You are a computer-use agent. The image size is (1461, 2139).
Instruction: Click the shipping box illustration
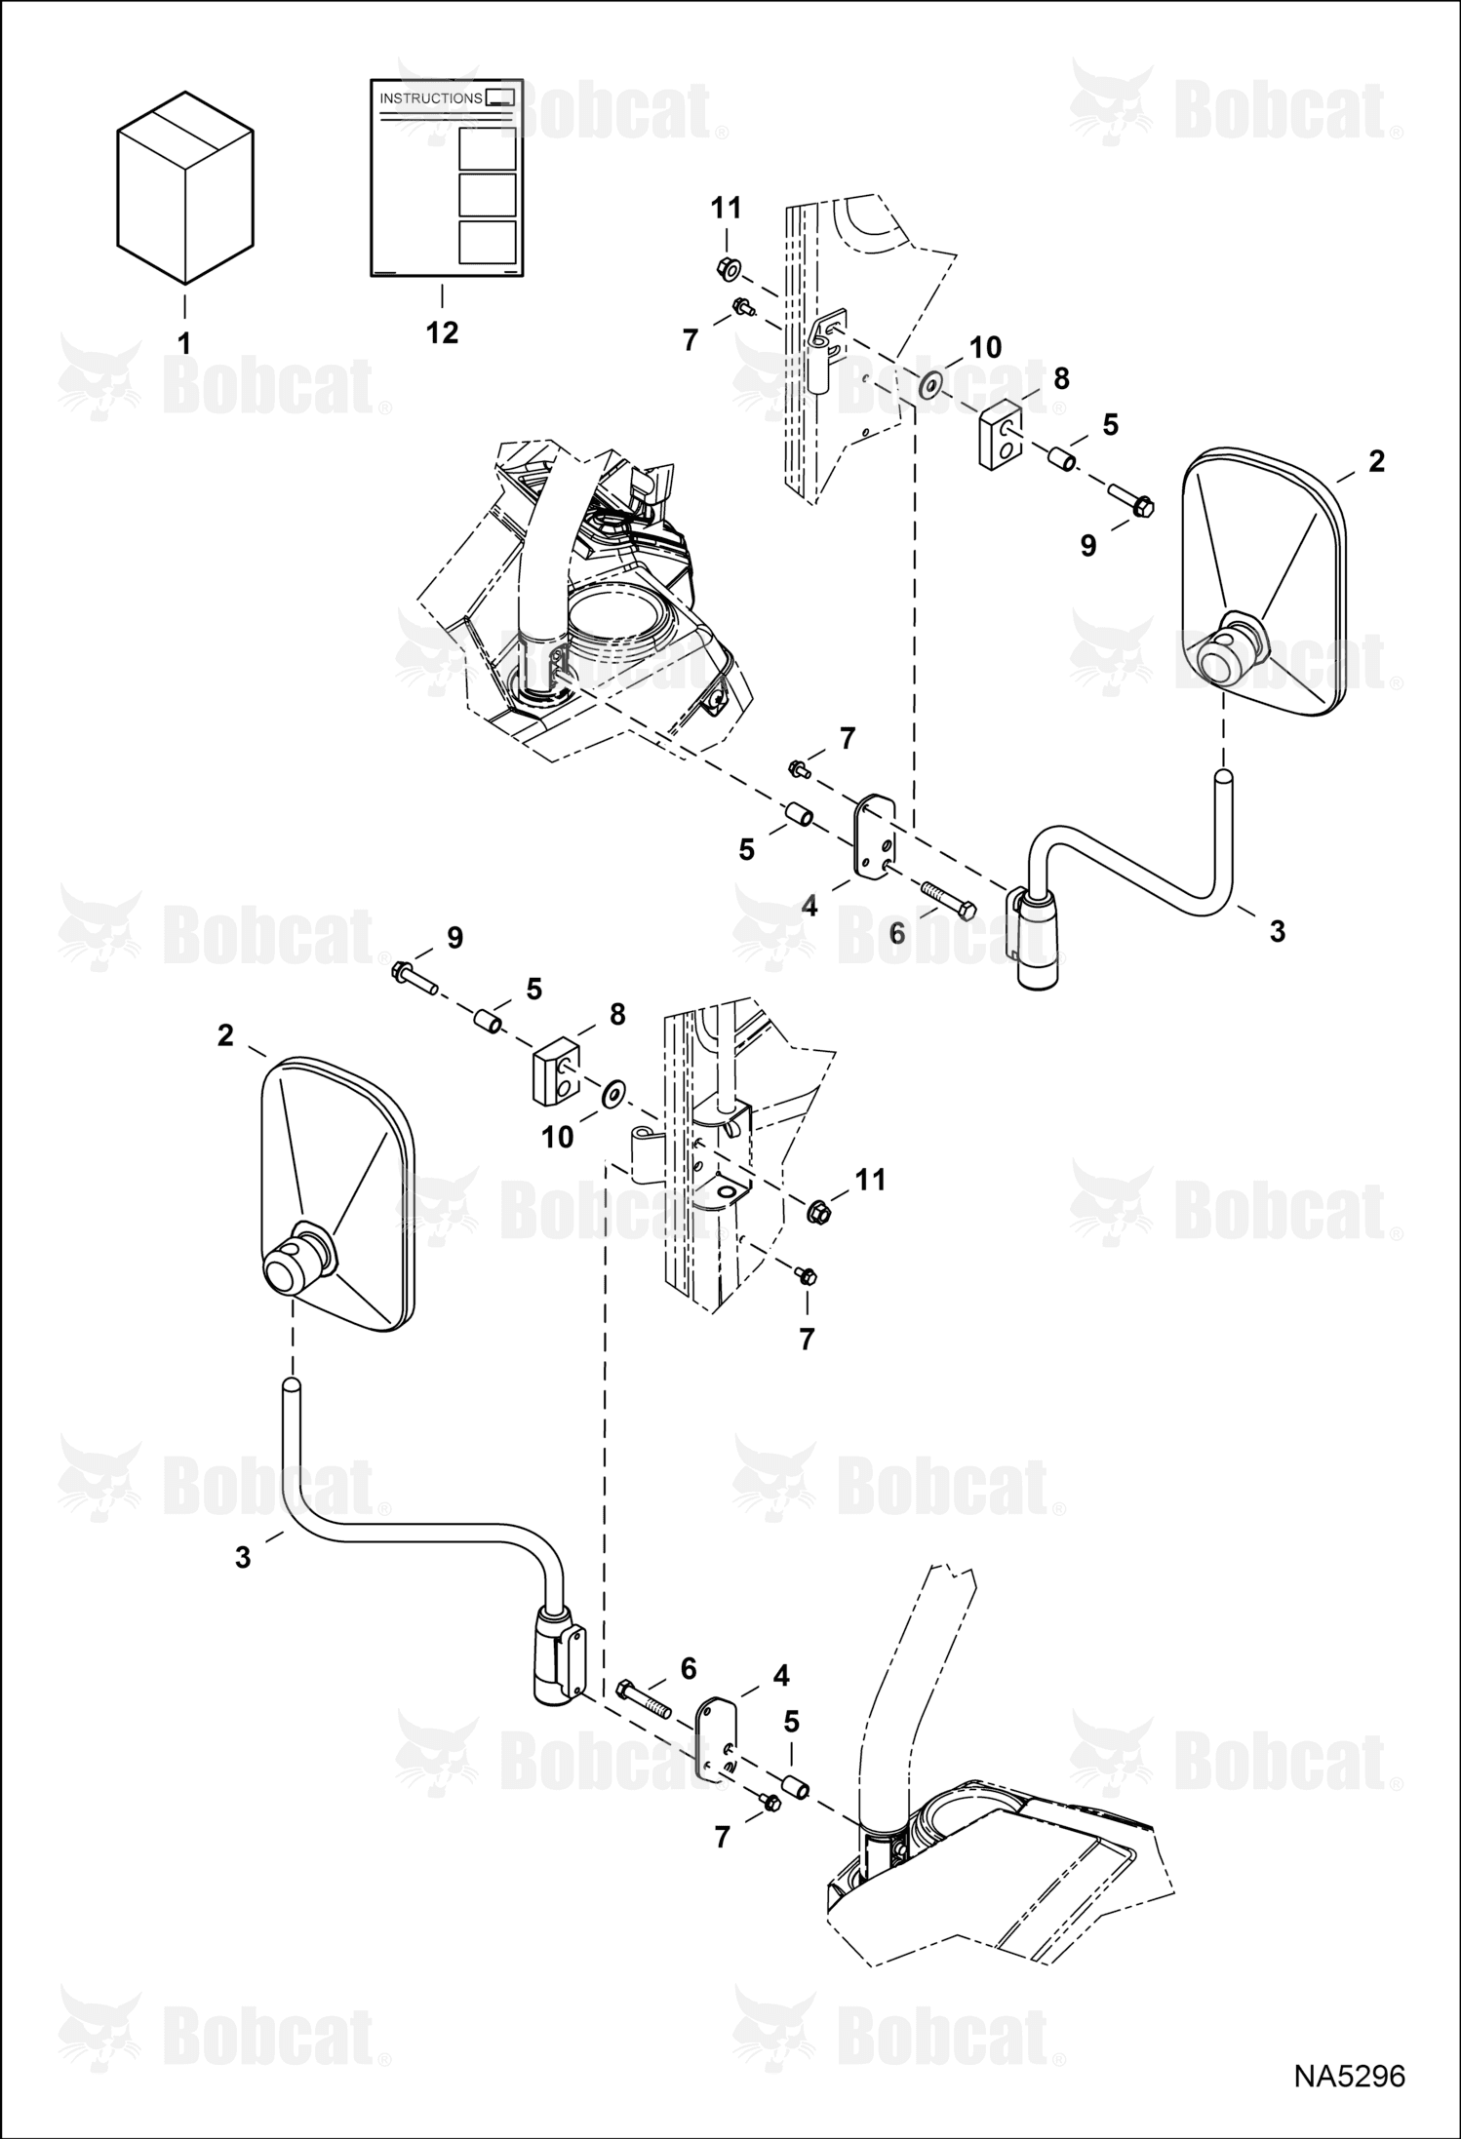pos(185,187)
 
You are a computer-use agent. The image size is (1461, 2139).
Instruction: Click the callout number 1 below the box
pos(183,343)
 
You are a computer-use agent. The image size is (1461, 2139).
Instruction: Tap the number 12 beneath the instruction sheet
pos(442,332)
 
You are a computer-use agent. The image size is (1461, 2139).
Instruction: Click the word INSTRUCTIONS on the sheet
pos(430,98)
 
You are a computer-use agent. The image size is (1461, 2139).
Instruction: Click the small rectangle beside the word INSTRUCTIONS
pos(500,97)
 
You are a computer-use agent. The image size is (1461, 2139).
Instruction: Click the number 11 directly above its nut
pos(726,208)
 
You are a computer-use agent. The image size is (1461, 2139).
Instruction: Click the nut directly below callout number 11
pos(727,266)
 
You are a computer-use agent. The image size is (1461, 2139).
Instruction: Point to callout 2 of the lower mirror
pos(225,1035)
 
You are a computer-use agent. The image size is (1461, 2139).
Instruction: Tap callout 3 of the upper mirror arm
pos(1278,931)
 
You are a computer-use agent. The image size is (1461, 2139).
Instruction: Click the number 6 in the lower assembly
pos(689,1668)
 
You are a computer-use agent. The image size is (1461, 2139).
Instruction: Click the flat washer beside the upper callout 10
pos(929,384)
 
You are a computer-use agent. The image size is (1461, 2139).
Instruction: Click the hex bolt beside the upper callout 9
pos(1132,498)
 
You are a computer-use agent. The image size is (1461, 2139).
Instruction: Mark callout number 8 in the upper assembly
pos(1062,378)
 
